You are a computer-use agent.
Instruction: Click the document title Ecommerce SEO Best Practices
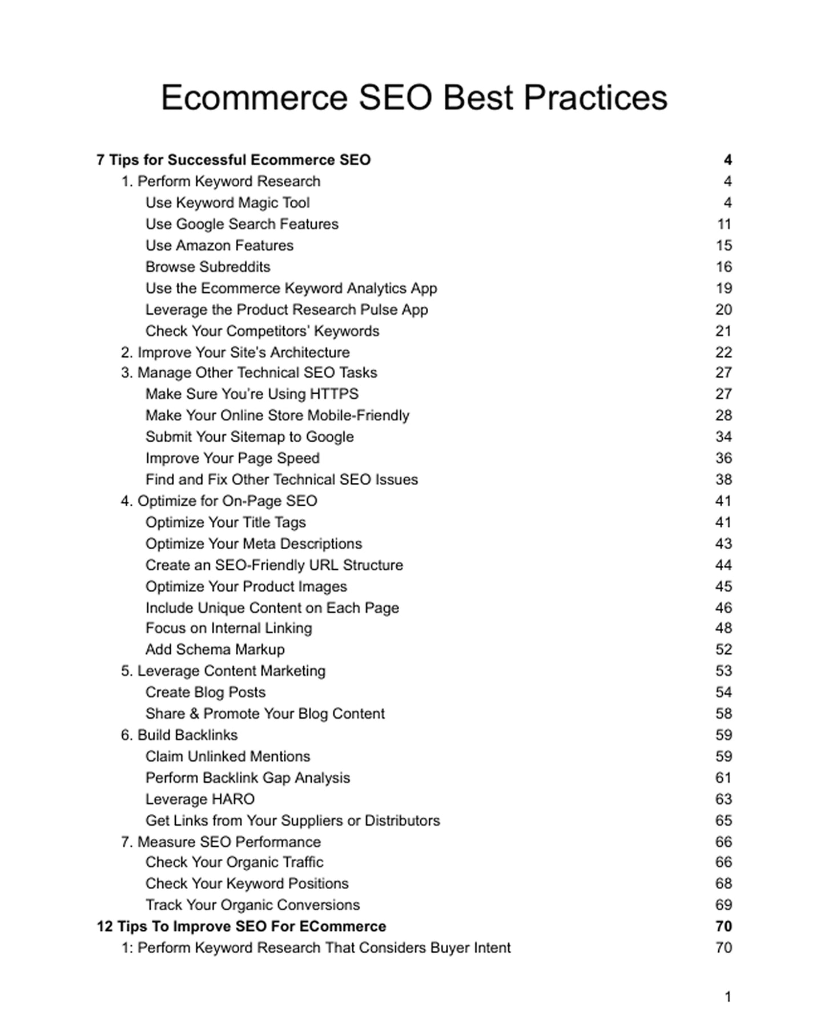click(x=414, y=97)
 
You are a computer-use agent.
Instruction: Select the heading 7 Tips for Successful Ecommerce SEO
click(x=234, y=160)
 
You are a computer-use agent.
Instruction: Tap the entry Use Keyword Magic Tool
click(x=227, y=203)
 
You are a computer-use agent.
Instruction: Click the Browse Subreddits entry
click(x=208, y=267)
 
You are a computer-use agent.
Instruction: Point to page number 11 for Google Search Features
click(x=724, y=224)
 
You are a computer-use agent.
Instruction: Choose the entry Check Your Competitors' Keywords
click(x=262, y=331)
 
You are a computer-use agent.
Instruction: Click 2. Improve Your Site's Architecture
click(x=235, y=353)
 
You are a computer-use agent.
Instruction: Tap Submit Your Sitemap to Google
click(x=249, y=437)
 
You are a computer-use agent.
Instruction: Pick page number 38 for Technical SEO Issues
click(x=723, y=479)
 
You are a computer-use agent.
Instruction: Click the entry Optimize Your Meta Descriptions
click(x=253, y=544)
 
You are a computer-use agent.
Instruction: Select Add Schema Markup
click(x=215, y=650)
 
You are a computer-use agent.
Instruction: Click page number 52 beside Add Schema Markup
click(x=723, y=650)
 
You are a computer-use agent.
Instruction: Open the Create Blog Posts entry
click(x=206, y=693)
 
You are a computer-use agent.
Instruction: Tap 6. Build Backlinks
click(x=179, y=735)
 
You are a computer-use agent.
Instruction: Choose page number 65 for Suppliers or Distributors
click(x=723, y=821)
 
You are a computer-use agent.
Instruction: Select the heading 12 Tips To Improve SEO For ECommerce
click(x=242, y=926)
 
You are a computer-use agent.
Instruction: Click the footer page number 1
click(x=728, y=997)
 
